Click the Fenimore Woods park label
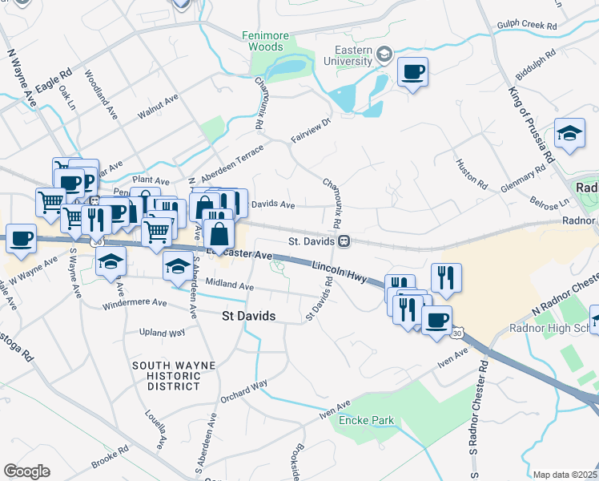(263, 41)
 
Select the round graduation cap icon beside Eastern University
(384, 55)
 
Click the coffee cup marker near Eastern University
(412, 73)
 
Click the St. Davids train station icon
(344, 240)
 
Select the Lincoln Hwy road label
(339, 271)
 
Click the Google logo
(26, 471)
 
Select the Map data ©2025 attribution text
(564, 475)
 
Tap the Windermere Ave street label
(135, 304)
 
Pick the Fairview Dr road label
(311, 131)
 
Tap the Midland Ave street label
(229, 285)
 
